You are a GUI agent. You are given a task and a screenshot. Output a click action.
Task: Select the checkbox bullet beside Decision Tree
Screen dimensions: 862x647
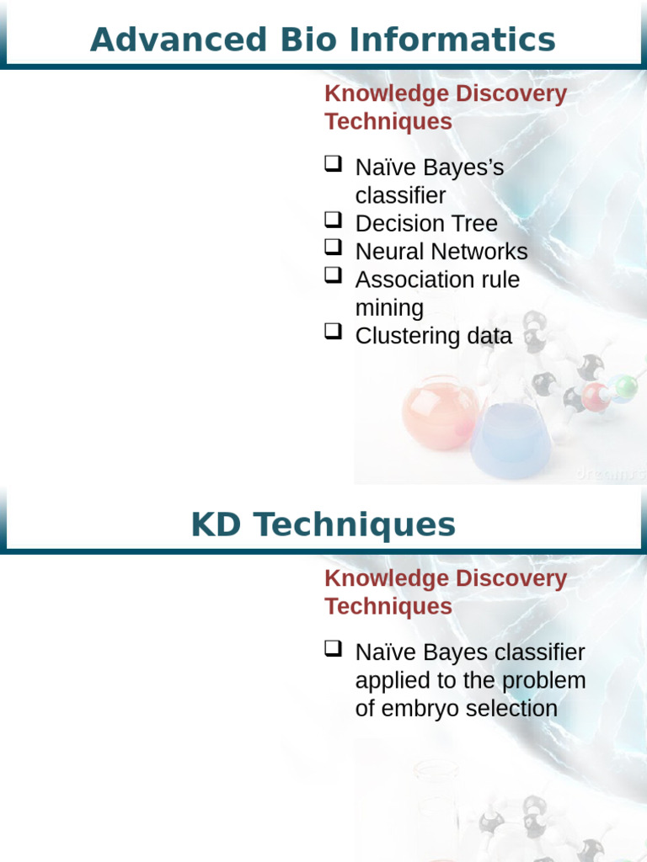(333, 221)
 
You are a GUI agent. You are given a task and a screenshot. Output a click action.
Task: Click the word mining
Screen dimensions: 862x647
(389, 307)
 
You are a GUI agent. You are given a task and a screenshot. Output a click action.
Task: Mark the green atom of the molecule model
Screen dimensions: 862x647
(625, 387)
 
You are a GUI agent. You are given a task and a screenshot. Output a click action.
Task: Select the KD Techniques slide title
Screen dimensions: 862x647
(323, 524)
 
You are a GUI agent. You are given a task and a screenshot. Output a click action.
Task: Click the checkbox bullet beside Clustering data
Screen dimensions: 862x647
(333, 333)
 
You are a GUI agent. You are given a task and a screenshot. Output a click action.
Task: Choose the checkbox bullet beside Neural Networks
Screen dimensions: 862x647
(333, 248)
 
